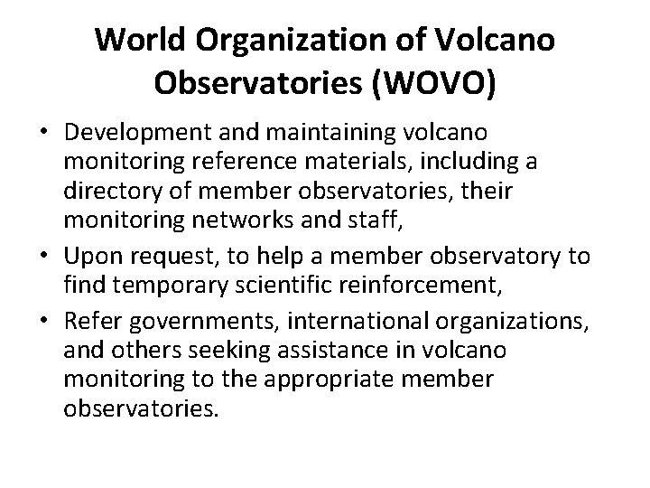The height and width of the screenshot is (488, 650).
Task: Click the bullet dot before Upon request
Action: pyautogui.click(x=42, y=256)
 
